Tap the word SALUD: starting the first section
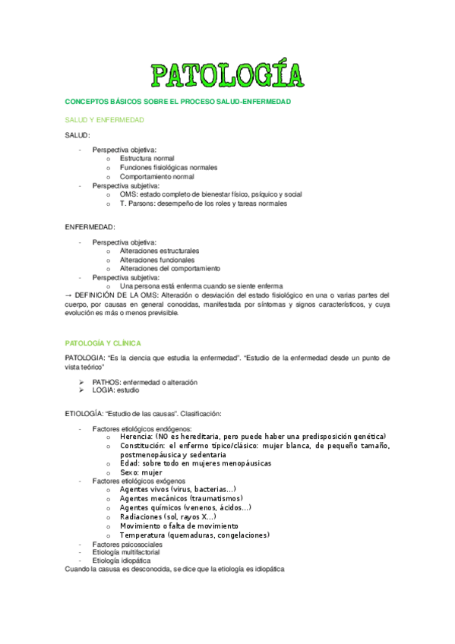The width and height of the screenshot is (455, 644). point(77,134)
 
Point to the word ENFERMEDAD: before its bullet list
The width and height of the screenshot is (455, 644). point(90,227)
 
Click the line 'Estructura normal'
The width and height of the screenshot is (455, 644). point(147,158)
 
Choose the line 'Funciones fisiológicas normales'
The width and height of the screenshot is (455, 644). point(168,167)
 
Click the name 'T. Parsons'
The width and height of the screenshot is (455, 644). point(137,204)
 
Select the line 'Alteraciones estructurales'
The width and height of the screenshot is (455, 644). point(160,251)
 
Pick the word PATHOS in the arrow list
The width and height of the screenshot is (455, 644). point(106,382)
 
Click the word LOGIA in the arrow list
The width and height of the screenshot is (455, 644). point(103,390)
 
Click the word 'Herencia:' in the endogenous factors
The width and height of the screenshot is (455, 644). point(136,437)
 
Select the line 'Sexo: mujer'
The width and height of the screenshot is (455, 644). point(141,472)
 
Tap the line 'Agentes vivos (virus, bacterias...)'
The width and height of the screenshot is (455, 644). point(178,490)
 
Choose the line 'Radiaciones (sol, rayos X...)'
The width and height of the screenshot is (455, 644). point(167,517)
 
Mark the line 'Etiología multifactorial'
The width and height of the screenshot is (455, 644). point(126,553)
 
